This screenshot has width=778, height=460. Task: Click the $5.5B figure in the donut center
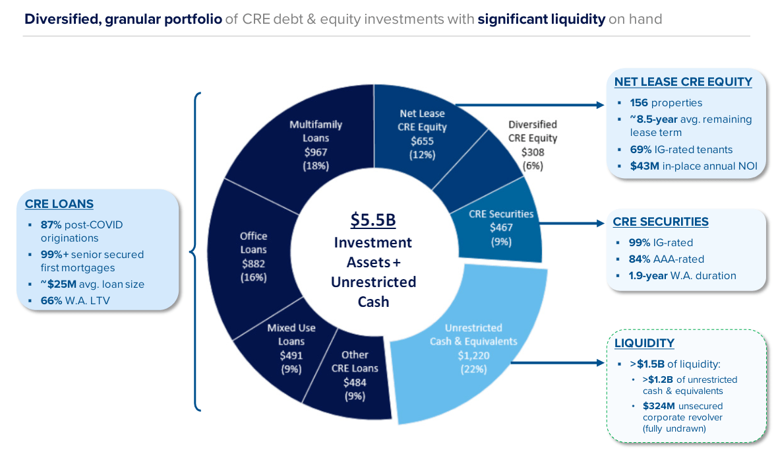pos(373,219)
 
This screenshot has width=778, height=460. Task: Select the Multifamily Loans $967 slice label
pos(315,145)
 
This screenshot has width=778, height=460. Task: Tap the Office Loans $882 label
pos(254,256)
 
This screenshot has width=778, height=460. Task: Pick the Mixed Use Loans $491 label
pos(291,348)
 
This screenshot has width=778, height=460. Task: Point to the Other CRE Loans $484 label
pos(355,375)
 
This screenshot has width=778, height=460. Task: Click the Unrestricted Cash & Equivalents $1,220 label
pos(473,348)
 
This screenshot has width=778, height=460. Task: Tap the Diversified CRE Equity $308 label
pos(532,145)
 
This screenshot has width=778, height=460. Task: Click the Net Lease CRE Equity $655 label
pos(422,134)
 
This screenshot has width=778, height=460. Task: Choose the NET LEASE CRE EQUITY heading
pos(683,82)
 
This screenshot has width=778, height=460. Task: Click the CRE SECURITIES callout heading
pos(660,222)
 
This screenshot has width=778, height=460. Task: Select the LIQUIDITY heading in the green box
pos(644,344)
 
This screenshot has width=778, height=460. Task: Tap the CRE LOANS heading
pos(59,205)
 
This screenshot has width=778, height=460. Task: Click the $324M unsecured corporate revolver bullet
pos(682,417)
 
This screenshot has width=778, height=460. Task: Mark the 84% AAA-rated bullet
pos(666,259)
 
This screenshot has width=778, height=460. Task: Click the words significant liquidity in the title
pos(541,19)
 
